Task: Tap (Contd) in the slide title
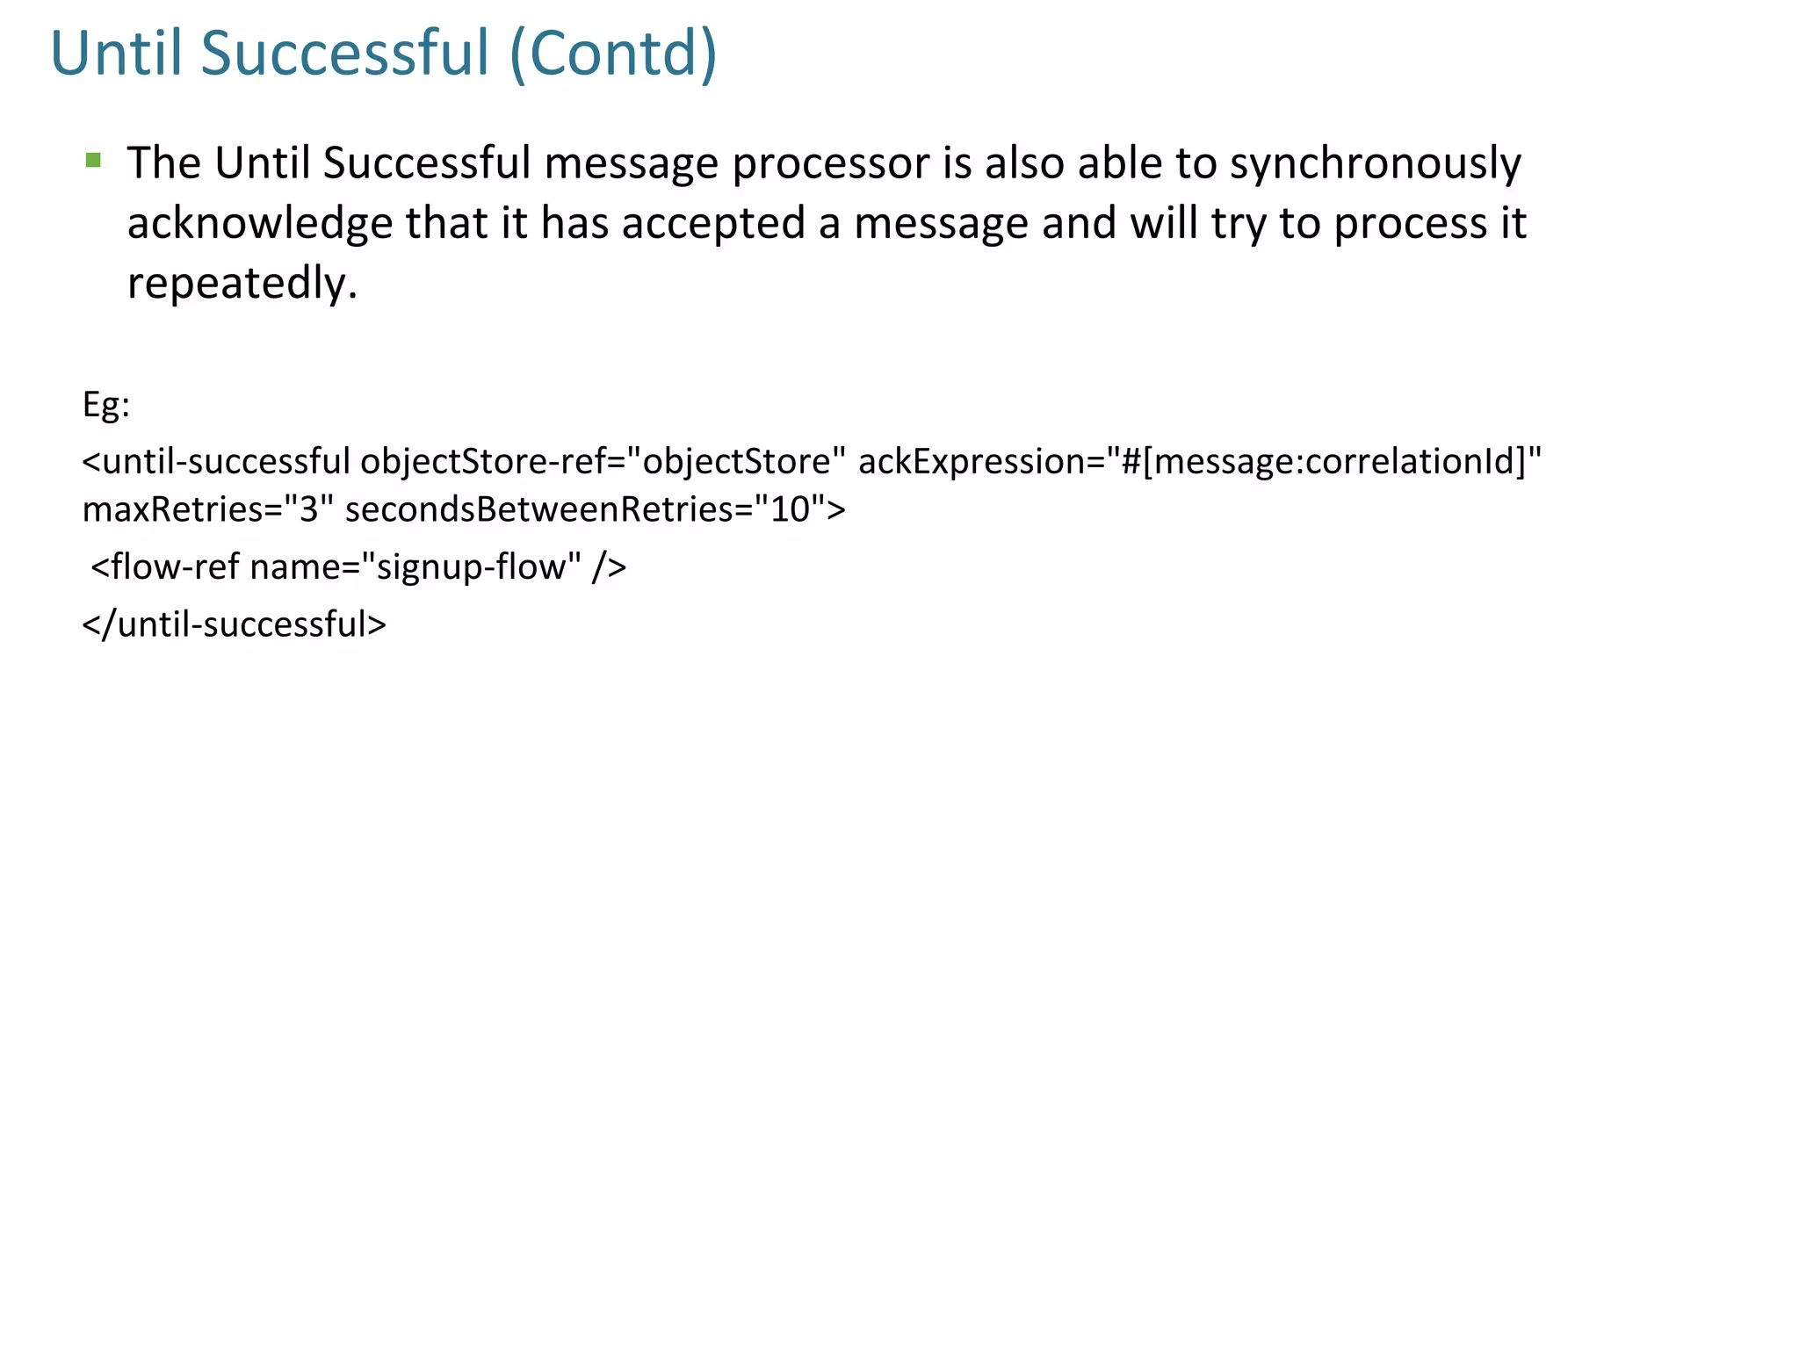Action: (613, 54)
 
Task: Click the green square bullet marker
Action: (93, 160)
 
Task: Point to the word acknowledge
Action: (259, 224)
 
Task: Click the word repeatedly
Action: (242, 284)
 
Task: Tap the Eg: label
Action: (106, 405)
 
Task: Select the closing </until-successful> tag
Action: (234, 624)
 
